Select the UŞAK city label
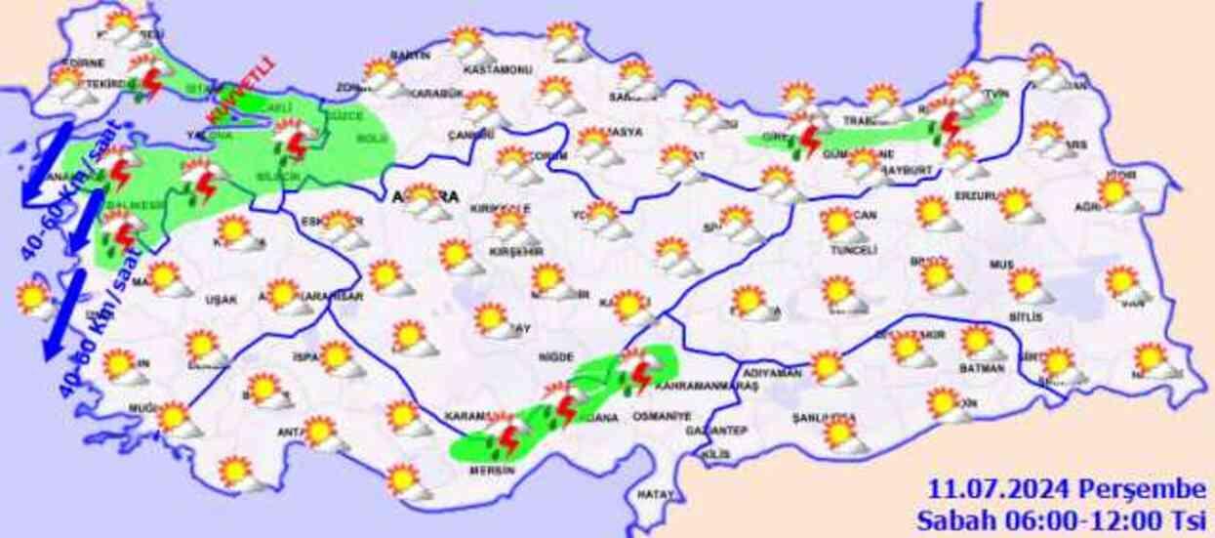coord(221,300)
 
